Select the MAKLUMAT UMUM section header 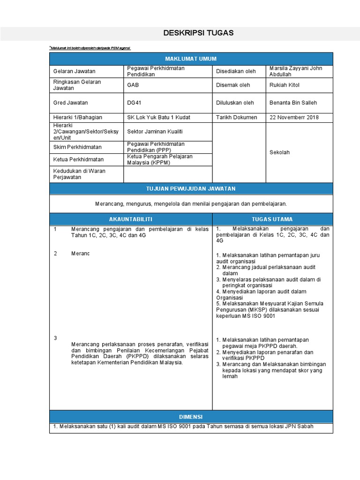(x=191, y=59)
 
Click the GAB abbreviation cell (x=133, y=85)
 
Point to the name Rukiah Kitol (x=285, y=85)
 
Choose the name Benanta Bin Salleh (x=293, y=103)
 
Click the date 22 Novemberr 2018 (x=294, y=117)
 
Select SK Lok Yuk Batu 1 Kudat (x=158, y=117)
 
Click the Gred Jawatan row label (x=71, y=103)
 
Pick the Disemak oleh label (x=233, y=85)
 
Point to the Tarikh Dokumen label (x=236, y=117)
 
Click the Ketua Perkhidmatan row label (x=78, y=159)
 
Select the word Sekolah (x=280, y=152)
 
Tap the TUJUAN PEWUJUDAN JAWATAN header (x=191, y=188)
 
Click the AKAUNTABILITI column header (x=131, y=219)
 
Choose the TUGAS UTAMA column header (x=272, y=219)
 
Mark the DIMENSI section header (x=191, y=417)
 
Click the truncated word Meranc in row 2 (x=80, y=254)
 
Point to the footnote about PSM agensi (x=90, y=48)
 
